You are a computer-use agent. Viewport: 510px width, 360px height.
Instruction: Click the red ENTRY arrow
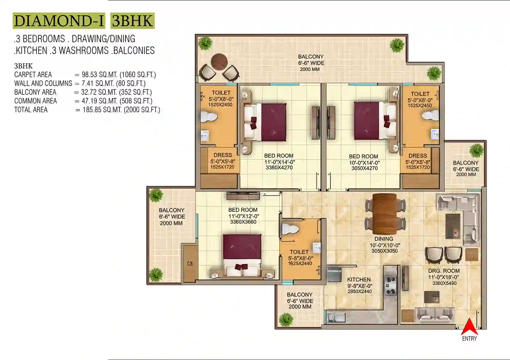pyautogui.click(x=469, y=327)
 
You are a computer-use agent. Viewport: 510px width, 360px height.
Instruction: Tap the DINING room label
pyautogui.click(x=384, y=239)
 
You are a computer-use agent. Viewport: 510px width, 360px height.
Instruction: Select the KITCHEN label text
pyautogui.click(x=359, y=279)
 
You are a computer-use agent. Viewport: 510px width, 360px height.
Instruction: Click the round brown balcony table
pyautogui.click(x=219, y=62)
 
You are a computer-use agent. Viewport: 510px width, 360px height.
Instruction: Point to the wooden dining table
pyautogui.click(x=385, y=214)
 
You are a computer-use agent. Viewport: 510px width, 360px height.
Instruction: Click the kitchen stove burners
pyautogui.click(x=390, y=286)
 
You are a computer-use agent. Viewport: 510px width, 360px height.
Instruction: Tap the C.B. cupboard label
pyautogui.click(x=190, y=264)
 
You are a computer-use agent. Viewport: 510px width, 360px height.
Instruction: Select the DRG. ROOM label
pyautogui.click(x=444, y=271)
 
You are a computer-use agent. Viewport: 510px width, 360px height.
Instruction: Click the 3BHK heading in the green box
pyautogui.click(x=132, y=21)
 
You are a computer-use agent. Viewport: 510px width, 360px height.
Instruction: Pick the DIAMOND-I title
pyautogui.click(x=59, y=21)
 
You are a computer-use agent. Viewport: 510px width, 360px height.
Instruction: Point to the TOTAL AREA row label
pyautogui.click(x=31, y=110)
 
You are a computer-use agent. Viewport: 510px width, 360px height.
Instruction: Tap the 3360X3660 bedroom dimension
pyautogui.click(x=243, y=222)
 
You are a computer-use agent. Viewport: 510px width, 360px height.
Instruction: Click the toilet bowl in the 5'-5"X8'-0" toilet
pyautogui.click(x=290, y=229)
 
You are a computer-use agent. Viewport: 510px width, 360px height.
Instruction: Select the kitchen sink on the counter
pyautogui.click(x=336, y=318)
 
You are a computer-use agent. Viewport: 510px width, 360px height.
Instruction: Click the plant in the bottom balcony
pyautogui.click(x=286, y=320)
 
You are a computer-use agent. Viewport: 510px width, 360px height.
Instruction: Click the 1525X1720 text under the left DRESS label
pyautogui.click(x=222, y=167)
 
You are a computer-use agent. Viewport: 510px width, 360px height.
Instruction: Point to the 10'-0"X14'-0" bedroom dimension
pyautogui.click(x=364, y=163)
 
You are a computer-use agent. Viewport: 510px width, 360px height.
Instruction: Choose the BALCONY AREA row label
pyautogui.click(x=35, y=92)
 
